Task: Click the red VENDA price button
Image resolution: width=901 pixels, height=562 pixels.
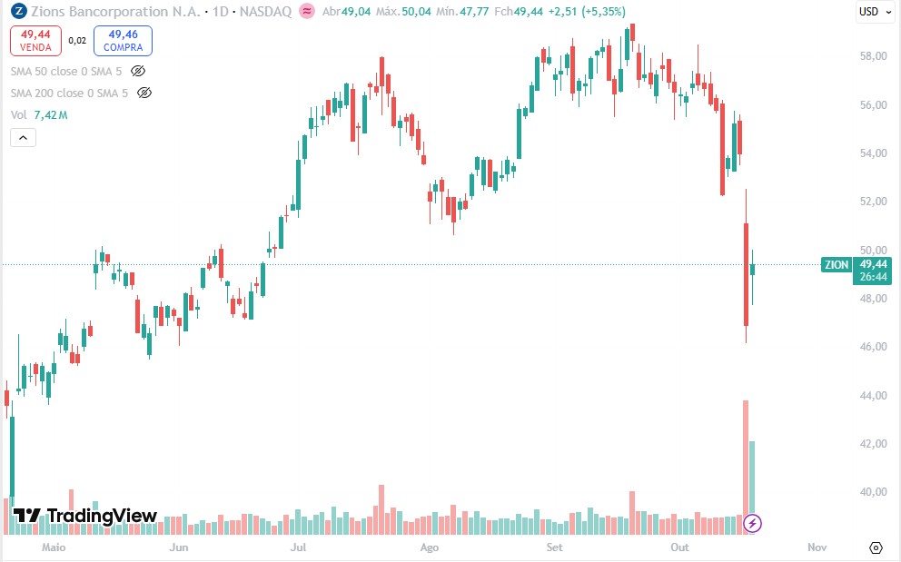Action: tap(36, 40)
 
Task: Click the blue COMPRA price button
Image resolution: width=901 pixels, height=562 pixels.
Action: tap(123, 40)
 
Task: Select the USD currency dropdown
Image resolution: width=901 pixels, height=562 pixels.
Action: tap(874, 11)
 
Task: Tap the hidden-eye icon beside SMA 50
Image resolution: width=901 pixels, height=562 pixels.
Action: tap(138, 70)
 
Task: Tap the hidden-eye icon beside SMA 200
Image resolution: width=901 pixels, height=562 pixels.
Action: tap(144, 93)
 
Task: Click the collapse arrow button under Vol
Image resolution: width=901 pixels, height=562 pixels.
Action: tap(23, 138)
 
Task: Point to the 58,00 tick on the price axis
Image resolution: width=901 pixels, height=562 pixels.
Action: tap(873, 56)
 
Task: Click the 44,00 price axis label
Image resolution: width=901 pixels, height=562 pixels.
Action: tap(873, 396)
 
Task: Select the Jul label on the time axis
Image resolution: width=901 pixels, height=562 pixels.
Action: tap(297, 547)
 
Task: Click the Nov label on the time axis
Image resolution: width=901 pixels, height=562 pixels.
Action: tap(817, 547)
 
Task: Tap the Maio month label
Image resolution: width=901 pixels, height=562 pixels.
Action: tap(55, 547)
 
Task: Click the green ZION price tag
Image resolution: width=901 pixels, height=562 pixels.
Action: tap(836, 265)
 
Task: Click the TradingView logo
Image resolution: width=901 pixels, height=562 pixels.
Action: tap(85, 516)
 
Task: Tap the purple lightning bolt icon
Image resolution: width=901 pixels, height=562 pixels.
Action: tap(752, 524)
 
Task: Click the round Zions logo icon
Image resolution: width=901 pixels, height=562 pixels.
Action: tap(17, 11)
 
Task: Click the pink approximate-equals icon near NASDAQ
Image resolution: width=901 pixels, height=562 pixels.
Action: tap(307, 11)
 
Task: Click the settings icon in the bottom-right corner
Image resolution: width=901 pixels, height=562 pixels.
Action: tap(876, 547)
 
